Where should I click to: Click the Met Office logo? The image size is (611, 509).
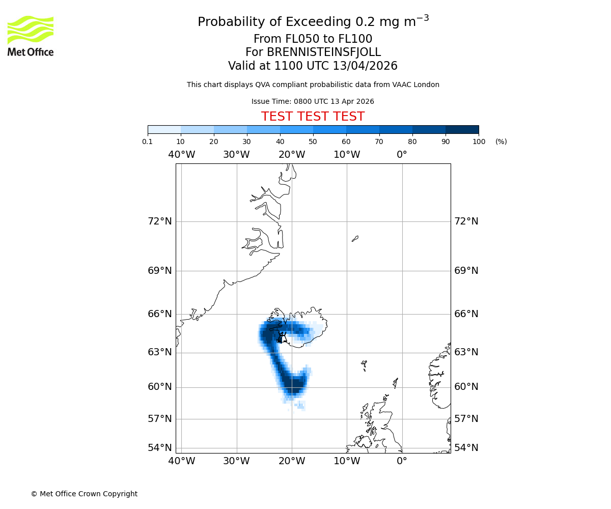click(x=31, y=36)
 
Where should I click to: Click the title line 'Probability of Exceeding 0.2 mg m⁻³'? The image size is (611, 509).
click(x=313, y=22)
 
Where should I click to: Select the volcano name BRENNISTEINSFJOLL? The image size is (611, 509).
click(x=324, y=52)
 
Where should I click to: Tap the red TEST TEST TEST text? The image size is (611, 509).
click(x=313, y=117)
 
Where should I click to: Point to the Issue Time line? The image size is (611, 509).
click(x=313, y=101)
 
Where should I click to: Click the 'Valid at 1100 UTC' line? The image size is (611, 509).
click(x=313, y=66)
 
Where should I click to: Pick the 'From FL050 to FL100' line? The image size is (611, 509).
click(x=313, y=39)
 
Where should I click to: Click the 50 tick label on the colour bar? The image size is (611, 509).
click(x=313, y=142)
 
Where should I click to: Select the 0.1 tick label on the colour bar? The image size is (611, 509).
click(x=148, y=142)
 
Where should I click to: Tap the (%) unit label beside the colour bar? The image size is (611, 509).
click(x=501, y=142)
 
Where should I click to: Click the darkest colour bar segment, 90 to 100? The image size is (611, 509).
click(x=462, y=129)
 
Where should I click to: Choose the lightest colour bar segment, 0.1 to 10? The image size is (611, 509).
click(x=164, y=129)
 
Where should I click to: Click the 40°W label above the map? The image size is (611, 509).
click(x=182, y=155)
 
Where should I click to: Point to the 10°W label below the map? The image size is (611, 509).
click(x=347, y=461)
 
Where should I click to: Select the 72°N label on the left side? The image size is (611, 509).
click(x=160, y=221)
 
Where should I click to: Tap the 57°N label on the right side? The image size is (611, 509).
click(x=466, y=419)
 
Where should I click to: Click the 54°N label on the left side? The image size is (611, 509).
click(x=160, y=448)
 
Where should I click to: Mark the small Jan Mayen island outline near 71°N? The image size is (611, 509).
click(x=355, y=238)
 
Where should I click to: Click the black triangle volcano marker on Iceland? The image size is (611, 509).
click(x=283, y=338)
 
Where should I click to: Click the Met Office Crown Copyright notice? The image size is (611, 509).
click(x=84, y=494)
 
